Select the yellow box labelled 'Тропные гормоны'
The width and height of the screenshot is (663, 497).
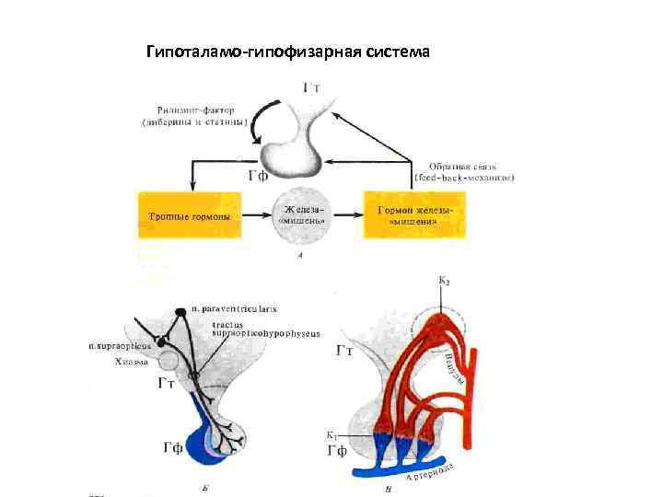coord(190,217)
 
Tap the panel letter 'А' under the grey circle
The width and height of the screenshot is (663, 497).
coord(300,257)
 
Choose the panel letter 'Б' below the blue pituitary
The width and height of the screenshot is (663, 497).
coord(204,486)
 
